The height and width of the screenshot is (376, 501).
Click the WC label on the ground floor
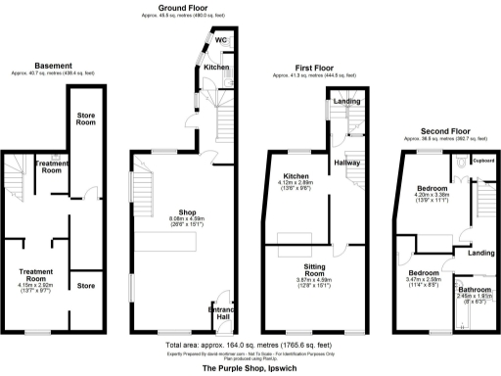tap(221, 40)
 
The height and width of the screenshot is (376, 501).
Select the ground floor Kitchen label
tap(217, 67)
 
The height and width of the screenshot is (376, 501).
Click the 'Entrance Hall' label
tap(221, 314)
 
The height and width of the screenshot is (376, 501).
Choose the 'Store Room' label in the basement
tap(86, 120)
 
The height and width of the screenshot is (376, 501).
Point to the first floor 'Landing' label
tap(344, 101)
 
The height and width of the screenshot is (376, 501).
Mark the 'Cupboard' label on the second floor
tap(484, 161)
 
